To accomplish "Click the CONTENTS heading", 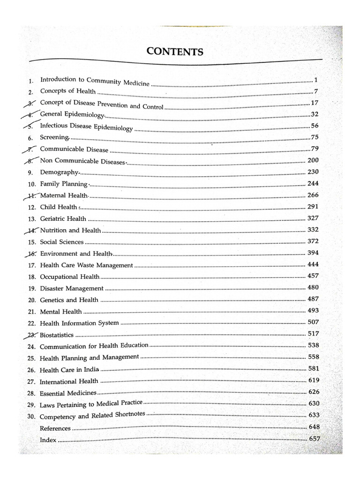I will coord(175,52).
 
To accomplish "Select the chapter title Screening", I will coord(55,137).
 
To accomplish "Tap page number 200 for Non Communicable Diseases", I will coord(313,161).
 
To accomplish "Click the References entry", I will coord(55,428).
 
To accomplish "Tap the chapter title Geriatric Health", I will coord(63,218).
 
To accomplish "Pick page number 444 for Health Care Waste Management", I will coord(313,264).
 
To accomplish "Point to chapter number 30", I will coord(32,417).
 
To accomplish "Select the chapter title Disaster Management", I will coord(72,288).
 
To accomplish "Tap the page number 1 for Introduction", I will coord(317,80).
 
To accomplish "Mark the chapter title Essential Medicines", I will coord(68,393).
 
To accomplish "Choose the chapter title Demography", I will coord(60,172).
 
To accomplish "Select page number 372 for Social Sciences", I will coord(313,241).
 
